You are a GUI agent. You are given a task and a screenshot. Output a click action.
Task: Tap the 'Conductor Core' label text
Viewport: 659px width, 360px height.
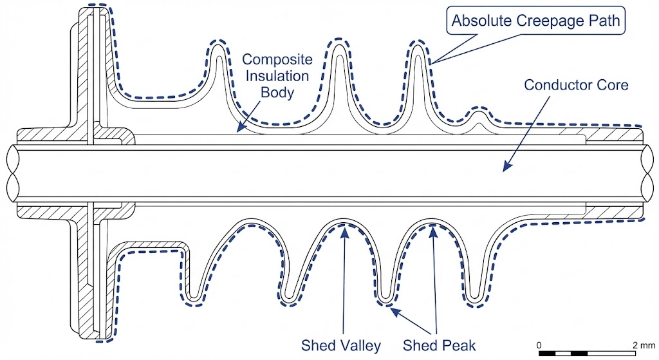576,84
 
